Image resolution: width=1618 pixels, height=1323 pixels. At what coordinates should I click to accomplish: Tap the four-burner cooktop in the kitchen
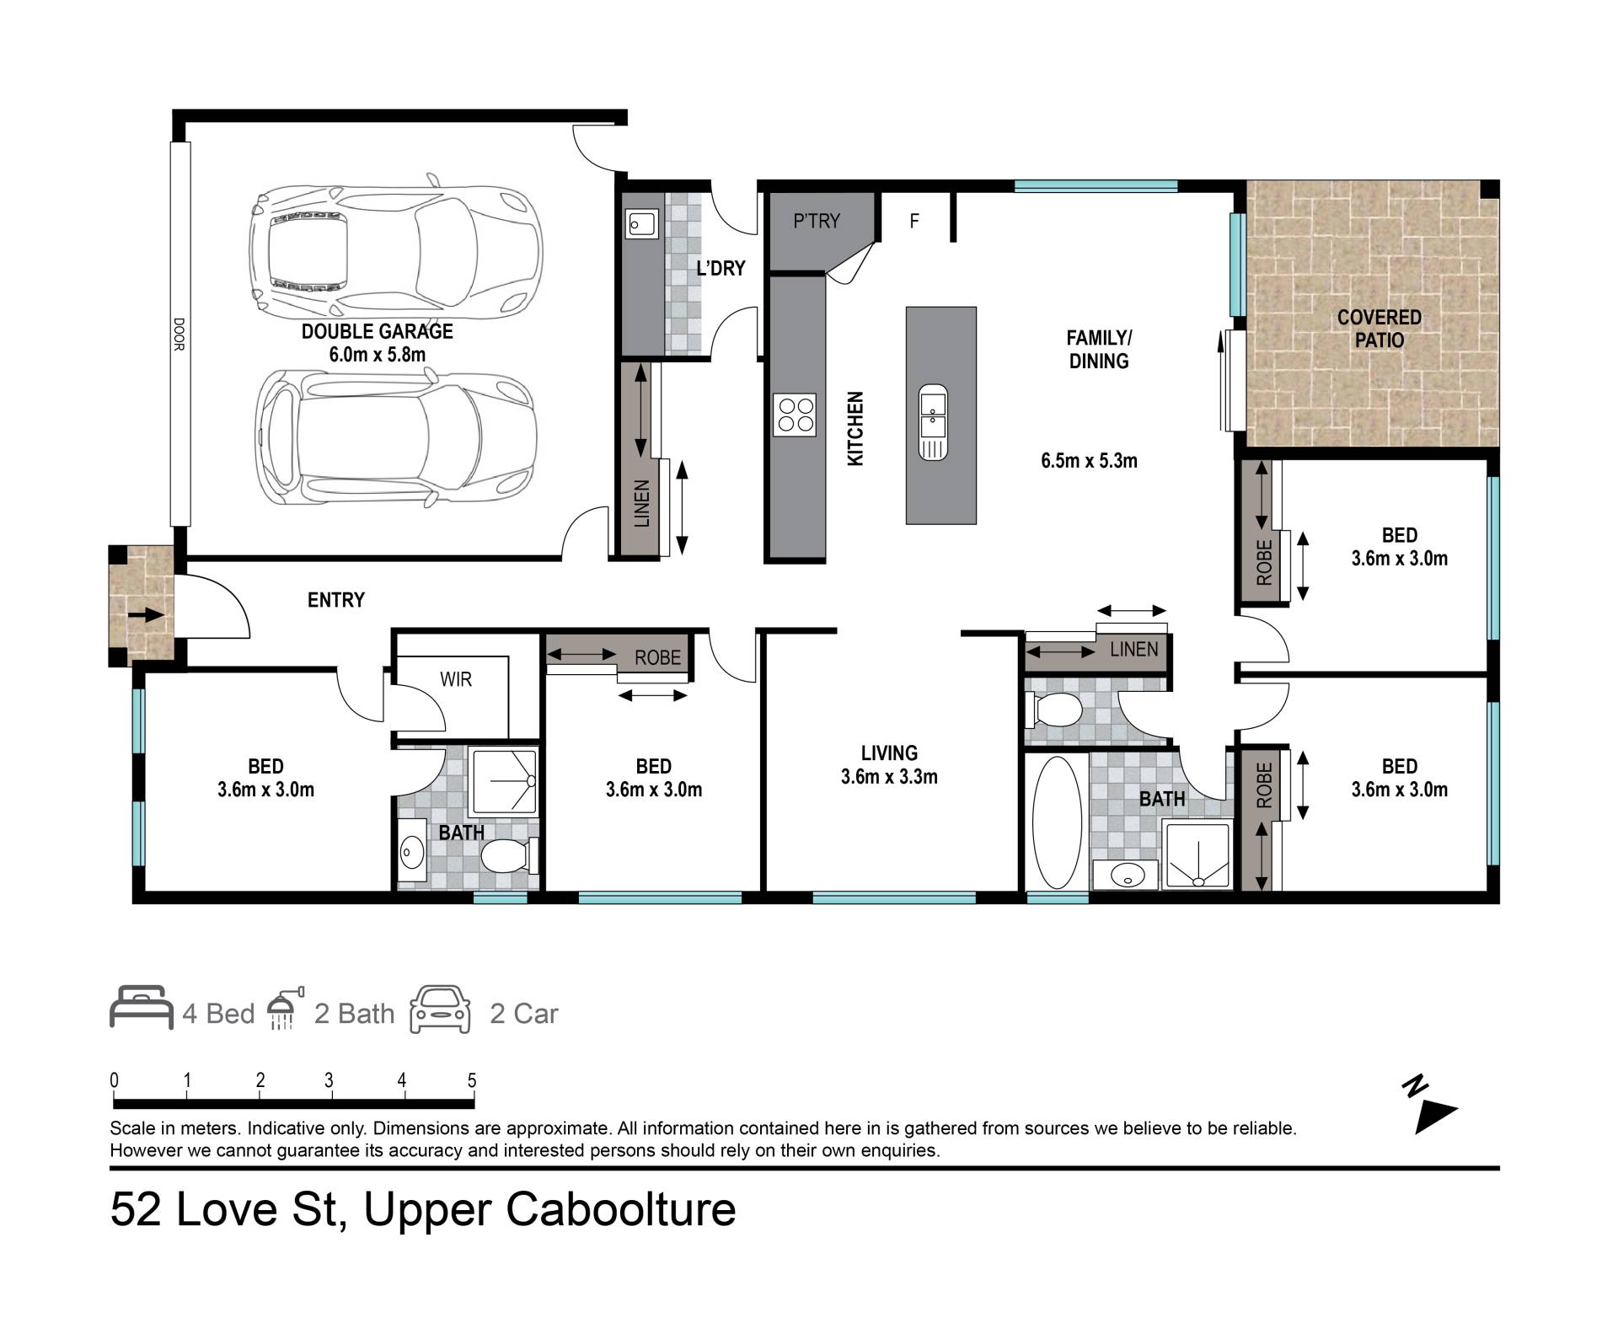pyautogui.click(x=795, y=415)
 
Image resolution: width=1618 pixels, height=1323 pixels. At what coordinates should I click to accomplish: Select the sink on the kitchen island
pyautogui.click(x=933, y=421)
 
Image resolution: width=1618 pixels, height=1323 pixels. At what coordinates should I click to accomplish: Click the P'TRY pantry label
pyautogui.click(x=817, y=221)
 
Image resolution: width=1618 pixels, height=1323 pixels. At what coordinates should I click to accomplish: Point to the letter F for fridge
pyautogui.click(x=914, y=222)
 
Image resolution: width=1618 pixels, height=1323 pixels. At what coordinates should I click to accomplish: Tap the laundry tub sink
pyautogui.click(x=641, y=224)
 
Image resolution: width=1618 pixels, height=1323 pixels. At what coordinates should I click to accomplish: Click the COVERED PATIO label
pyautogui.click(x=1380, y=329)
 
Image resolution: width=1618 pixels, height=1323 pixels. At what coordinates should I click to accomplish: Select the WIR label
pyautogui.click(x=456, y=679)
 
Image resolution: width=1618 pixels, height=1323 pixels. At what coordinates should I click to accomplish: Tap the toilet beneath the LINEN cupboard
pyautogui.click(x=1053, y=710)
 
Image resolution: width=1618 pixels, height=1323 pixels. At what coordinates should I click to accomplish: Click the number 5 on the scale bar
pyautogui.click(x=472, y=1080)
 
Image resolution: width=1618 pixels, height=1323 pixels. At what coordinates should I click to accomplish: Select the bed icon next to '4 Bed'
pyautogui.click(x=142, y=1007)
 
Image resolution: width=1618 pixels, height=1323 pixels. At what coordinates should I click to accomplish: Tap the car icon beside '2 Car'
pyautogui.click(x=440, y=1010)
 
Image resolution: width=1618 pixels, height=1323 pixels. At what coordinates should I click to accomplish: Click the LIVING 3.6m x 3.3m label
pyautogui.click(x=889, y=765)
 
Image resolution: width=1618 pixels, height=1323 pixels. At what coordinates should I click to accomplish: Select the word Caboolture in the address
pyautogui.click(x=621, y=1210)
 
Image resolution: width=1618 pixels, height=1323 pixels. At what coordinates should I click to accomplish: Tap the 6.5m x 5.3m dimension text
pyautogui.click(x=1090, y=461)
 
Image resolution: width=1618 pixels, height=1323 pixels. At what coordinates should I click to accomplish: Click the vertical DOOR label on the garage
pyautogui.click(x=179, y=334)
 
